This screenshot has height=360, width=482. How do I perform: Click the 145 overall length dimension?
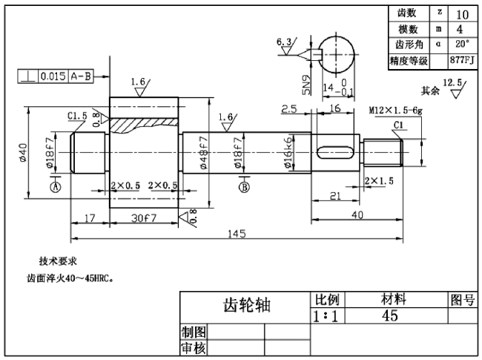click(x=237, y=234)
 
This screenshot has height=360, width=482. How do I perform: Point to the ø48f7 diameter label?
click(x=203, y=153)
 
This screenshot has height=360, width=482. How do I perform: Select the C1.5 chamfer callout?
click(x=77, y=116)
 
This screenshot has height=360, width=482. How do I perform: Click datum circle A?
click(x=55, y=187)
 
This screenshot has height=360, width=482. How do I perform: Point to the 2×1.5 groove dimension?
click(x=379, y=180)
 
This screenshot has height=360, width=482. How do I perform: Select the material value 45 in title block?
click(x=389, y=315)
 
